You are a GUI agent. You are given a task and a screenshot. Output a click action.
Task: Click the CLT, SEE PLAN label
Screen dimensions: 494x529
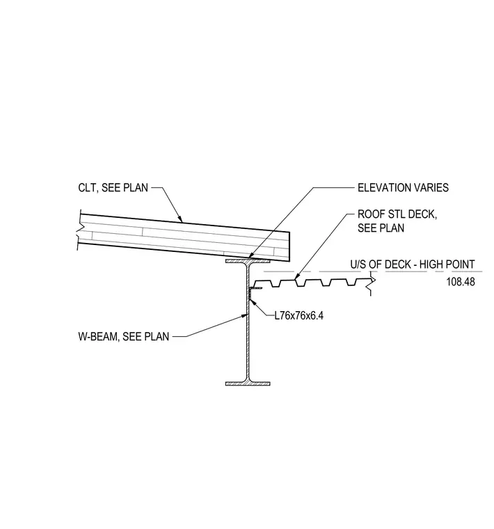coord(113,187)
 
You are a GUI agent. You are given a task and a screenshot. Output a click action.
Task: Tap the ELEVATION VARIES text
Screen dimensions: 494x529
coord(403,187)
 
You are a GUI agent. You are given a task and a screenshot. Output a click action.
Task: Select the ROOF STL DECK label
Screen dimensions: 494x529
coord(397,214)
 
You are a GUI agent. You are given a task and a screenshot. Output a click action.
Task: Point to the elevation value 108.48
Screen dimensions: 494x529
coord(461,282)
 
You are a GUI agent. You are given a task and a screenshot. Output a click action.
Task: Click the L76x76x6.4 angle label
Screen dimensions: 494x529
coord(299,316)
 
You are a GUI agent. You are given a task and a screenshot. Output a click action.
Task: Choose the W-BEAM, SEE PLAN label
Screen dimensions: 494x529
coord(123,337)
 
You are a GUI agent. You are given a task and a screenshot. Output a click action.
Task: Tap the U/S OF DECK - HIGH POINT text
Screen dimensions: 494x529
coord(413,264)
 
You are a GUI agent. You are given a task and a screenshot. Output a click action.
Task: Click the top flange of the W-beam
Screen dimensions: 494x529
coord(248,262)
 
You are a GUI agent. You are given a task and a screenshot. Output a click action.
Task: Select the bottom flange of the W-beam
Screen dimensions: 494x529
coord(248,384)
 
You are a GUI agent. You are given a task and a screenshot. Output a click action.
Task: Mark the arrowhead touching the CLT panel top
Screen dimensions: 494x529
coord(180,219)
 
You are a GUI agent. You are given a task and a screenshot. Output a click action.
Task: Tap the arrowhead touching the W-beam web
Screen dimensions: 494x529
coord(244,316)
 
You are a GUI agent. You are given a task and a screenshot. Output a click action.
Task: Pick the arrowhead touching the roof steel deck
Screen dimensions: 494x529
coord(296,276)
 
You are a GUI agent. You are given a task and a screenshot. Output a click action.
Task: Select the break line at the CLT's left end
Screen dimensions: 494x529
coord(79,230)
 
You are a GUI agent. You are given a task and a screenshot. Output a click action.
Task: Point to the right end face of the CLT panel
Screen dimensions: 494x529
coord(289,246)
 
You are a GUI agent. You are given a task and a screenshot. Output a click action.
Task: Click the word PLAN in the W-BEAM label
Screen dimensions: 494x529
coord(157,337)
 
